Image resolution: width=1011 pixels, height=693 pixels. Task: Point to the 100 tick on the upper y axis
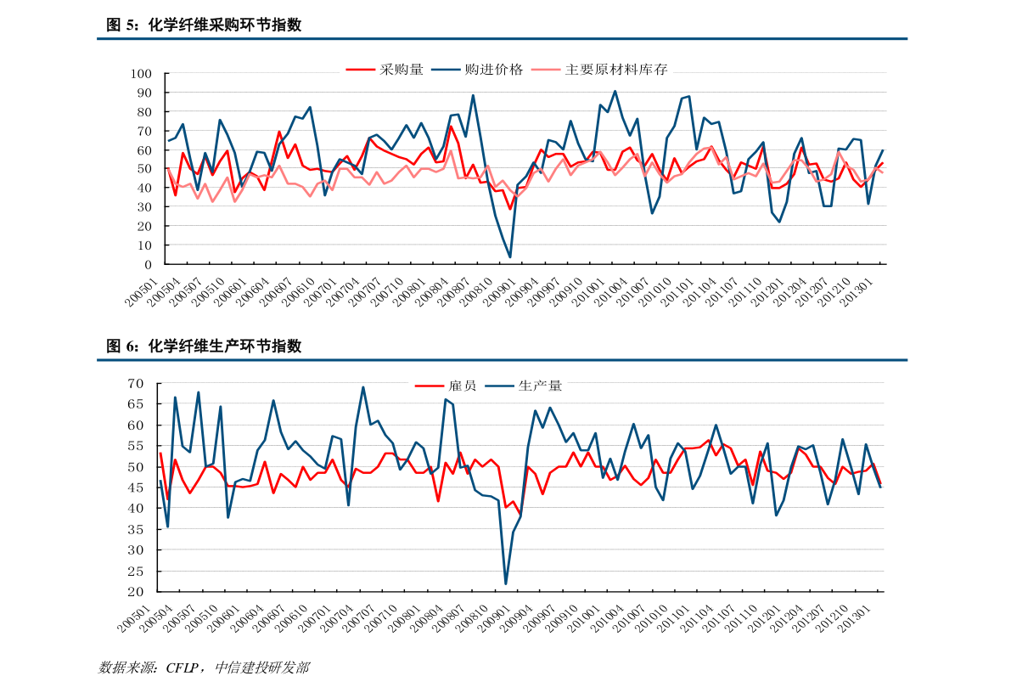(140, 74)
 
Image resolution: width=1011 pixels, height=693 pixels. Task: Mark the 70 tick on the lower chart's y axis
(137, 384)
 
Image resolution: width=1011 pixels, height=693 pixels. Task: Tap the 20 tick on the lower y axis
(137, 592)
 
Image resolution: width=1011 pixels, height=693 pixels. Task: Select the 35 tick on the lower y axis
(137, 529)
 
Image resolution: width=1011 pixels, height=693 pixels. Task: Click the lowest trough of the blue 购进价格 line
(510, 257)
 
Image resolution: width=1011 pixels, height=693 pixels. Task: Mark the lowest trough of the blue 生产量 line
(506, 583)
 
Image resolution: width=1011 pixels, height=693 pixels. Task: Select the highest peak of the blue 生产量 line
(363, 387)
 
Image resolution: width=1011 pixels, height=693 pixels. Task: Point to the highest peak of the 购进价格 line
(615, 91)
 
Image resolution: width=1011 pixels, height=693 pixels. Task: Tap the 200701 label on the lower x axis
(324, 620)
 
